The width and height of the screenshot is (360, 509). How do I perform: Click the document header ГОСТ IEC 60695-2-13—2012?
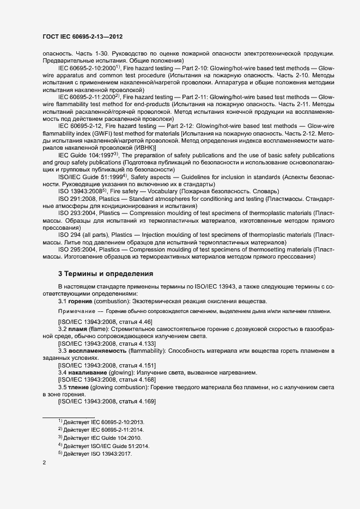[x=82, y=37]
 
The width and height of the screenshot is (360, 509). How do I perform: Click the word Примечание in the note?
[x=77, y=311]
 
